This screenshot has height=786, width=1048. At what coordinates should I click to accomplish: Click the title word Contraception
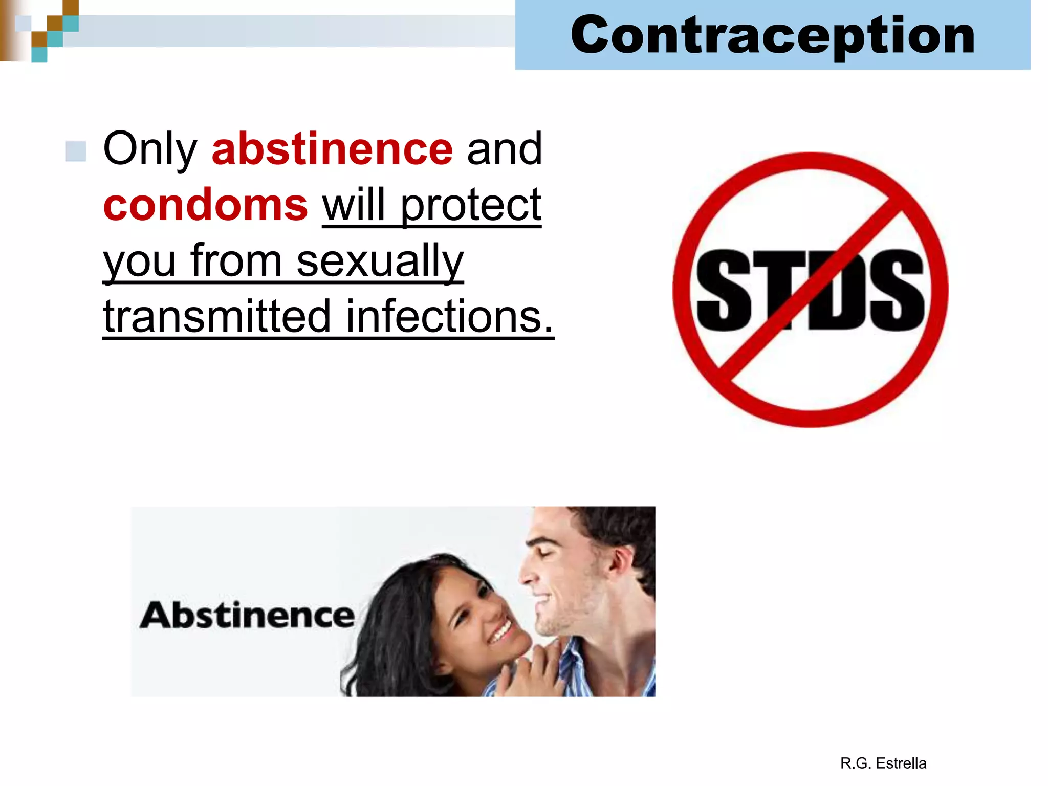pos(773,35)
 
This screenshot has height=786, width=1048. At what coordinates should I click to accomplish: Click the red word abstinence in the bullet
pos(332,149)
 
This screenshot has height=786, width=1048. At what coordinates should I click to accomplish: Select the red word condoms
pos(205,205)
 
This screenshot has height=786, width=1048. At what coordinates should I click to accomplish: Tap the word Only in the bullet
pos(150,149)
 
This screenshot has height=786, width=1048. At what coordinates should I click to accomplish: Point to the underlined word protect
pos(470,206)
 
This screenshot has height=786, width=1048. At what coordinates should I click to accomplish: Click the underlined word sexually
pos(380,261)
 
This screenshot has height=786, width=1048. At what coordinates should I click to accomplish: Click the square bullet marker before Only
pos(76,151)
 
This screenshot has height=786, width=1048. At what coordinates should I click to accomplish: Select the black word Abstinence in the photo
pos(247,615)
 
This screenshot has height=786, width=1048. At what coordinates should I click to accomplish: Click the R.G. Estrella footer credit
pos(883,763)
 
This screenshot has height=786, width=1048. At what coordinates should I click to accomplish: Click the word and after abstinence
pos(504,149)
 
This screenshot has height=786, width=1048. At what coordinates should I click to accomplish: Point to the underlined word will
pos(353,206)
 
